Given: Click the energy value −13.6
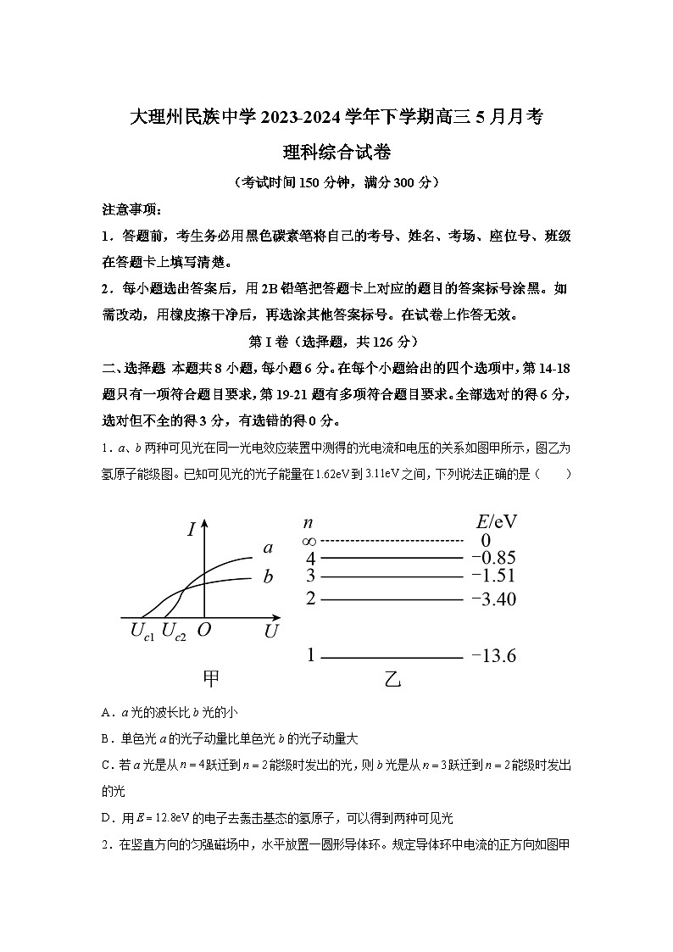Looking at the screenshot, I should [x=493, y=656].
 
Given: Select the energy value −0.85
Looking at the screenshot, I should [x=493, y=558].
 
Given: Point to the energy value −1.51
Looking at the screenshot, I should [x=493, y=576].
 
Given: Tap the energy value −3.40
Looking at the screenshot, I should [x=493, y=599].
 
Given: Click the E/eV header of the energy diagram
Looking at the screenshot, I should [x=498, y=521].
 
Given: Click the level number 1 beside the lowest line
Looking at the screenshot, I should [x=310, y=655].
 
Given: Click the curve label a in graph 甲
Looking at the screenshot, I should [x=268, y=548].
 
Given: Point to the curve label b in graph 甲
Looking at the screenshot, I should [x=268, y=578].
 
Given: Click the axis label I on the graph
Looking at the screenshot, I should [x=192, y=531].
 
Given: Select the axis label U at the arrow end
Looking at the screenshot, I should [x=271, y=632].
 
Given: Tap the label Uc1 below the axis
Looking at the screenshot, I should [x=142, y=632].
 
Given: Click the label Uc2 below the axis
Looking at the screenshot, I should [x=173, y=632].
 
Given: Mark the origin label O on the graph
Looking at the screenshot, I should [x=204, y=631].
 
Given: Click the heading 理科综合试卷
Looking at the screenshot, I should [x=336, y=153].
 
